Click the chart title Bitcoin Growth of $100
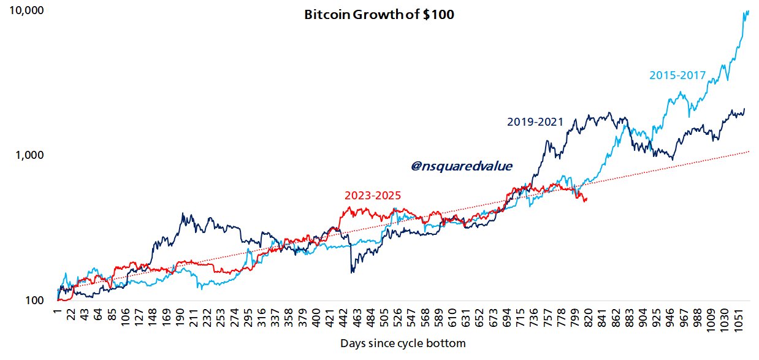pos(379,15)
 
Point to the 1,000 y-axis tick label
pos(30,155)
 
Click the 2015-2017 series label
pos(677,75)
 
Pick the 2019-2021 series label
pos(535,122)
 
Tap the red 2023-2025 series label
pos(373,196)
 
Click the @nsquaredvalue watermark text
pos(461,166)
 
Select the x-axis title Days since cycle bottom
pos(402,343)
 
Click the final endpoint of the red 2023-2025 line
pos(587,198)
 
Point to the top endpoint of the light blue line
pos(749,10)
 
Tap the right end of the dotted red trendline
pos(749,150)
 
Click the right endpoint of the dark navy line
pos(744,109)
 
